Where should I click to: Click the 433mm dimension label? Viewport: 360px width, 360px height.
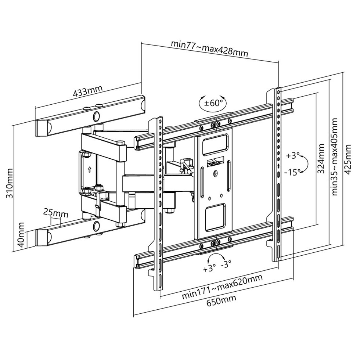tap(88, 91)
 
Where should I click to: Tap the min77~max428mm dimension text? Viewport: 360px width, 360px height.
tap(210, 48)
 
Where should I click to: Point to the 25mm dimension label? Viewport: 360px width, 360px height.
tap(56, 214)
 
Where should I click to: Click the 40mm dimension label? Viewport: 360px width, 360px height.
tap(21, 234)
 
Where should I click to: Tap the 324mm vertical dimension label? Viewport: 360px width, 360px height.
tap(321, 159)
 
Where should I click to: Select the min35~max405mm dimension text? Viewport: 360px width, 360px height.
tap(335, 157)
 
